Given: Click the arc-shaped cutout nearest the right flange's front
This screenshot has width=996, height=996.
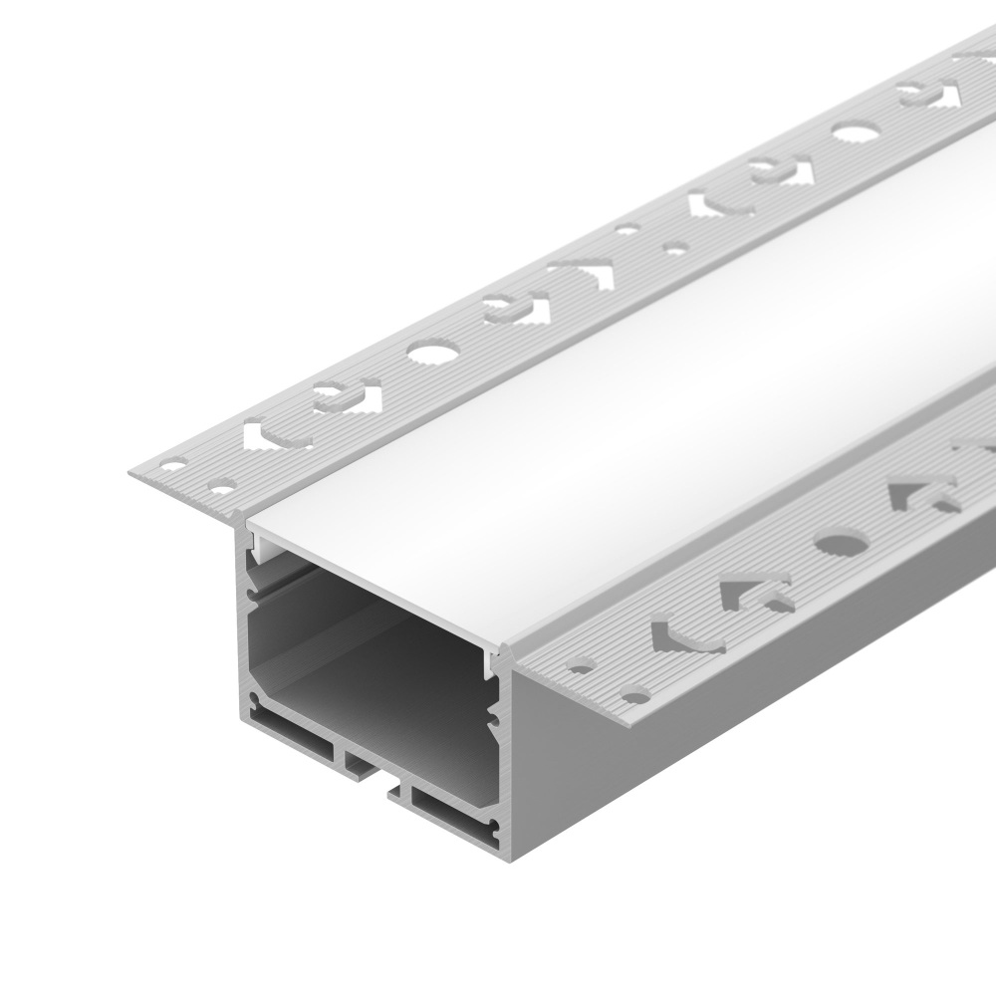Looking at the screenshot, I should point(687,635).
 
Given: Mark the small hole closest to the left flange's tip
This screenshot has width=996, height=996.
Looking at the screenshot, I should point(175,464).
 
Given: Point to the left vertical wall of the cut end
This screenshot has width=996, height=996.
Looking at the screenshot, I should point(246,637).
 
